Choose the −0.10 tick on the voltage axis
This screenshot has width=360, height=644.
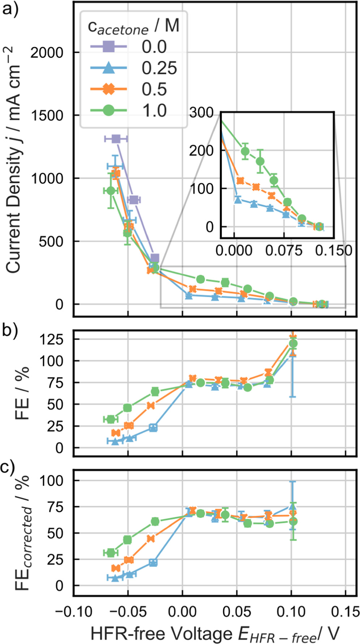[x=74, y=612]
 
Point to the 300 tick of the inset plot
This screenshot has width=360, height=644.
[x=201, y=113]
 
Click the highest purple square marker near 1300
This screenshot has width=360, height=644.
[x=116, y=139]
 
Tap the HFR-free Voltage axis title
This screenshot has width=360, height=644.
[x=215, y=633]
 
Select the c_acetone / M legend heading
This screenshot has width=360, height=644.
[x=134, y=27]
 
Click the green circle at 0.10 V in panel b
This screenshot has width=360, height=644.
[x=293, y=343]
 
